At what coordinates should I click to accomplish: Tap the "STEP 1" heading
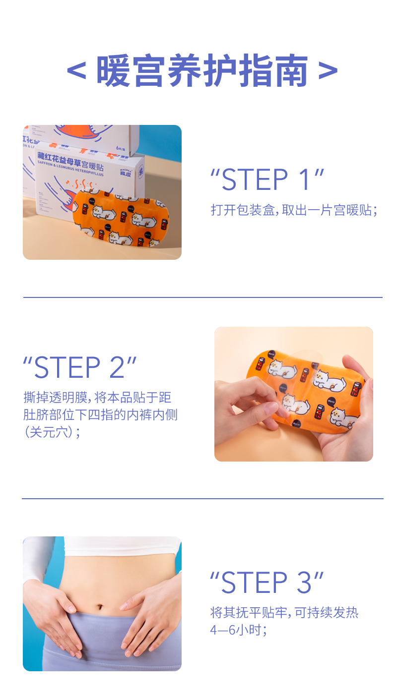[x=267, y=180]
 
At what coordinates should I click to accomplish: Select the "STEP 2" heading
[x=80, y=367]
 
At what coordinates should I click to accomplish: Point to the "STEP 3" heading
[x=267, y=582]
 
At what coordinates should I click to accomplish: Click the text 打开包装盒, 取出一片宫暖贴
[x=294, y=210]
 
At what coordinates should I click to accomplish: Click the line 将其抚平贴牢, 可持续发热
[x=284, y=613]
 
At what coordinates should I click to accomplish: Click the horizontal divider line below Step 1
[x=202, y=297]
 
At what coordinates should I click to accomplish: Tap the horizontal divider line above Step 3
[x=202, y=498]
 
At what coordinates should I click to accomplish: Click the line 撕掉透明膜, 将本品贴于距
[x=97, y=398]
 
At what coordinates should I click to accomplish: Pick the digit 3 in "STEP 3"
[x=304, y=582]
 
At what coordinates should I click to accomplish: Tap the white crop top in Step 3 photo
[x=119, y=546]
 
